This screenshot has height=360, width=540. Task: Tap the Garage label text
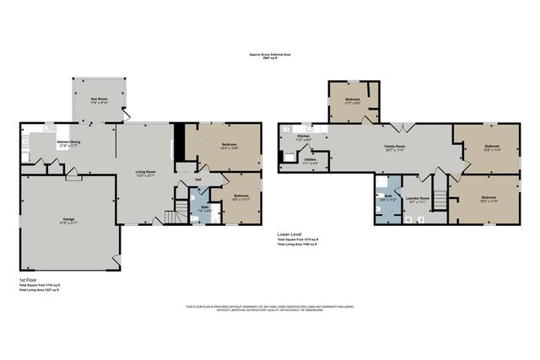click(x=67, y=221)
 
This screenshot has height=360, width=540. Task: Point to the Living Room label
click(x=147, y=173)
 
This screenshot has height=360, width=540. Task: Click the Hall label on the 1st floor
click(x=198, y=179)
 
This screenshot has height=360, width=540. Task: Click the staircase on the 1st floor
click(x=175, y=212)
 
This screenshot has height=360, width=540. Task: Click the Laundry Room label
click(x=418, y=199)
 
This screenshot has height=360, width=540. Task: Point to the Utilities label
click(x=310, y=159)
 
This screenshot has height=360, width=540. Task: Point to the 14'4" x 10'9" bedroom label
click(x=229, y=146)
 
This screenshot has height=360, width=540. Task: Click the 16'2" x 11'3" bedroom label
click(x=489, y=199)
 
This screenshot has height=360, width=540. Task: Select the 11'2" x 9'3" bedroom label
click(x=353, y=100)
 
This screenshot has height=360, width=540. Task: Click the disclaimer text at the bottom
click(x=269, y=309)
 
